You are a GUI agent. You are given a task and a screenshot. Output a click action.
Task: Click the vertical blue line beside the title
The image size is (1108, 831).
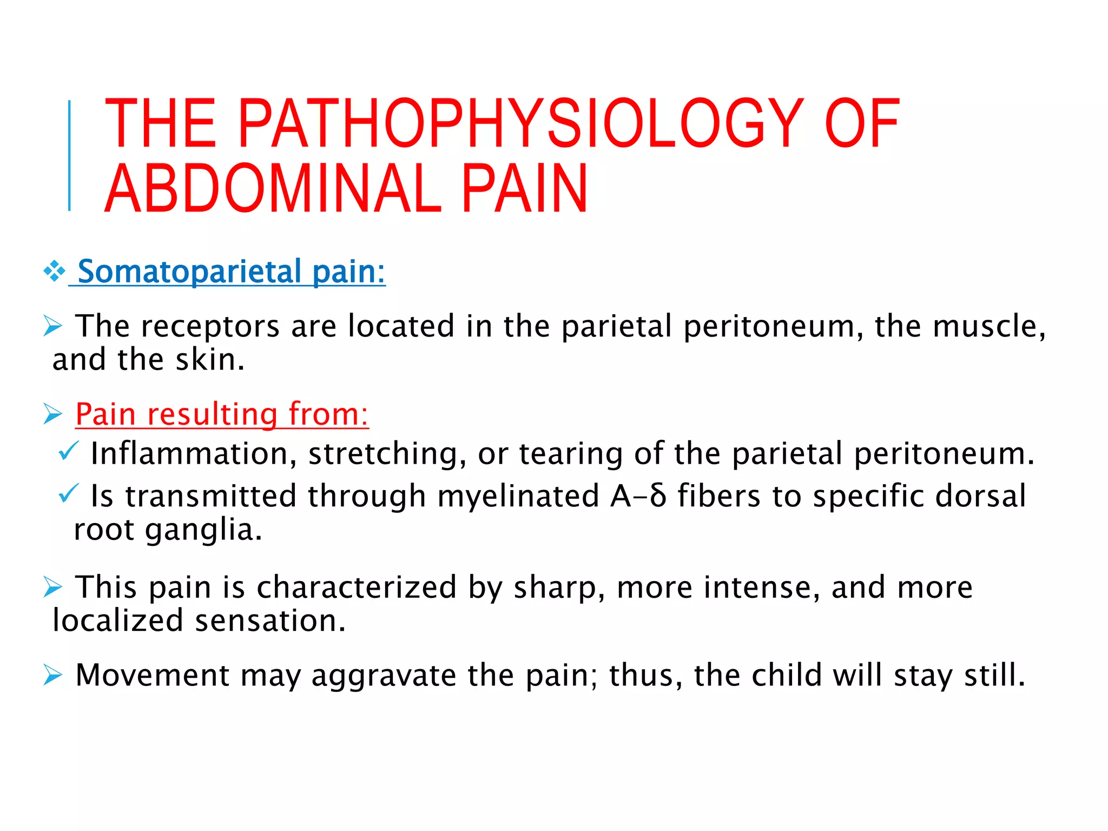point(69,156)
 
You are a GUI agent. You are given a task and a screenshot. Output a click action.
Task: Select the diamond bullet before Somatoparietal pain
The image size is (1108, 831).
point(55,271)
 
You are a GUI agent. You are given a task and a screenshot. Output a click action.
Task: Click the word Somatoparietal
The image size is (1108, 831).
point(189,271)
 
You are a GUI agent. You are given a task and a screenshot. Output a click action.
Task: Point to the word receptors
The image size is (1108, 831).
point(210,326)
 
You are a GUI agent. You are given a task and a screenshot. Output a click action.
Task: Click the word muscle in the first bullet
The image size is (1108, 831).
point(985,326)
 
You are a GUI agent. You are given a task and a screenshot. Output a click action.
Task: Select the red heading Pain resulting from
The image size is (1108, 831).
point(222,414)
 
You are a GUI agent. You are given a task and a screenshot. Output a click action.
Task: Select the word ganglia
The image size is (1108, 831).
point(203,530)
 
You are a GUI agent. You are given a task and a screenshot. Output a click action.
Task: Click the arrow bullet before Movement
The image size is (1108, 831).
point(53,675)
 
